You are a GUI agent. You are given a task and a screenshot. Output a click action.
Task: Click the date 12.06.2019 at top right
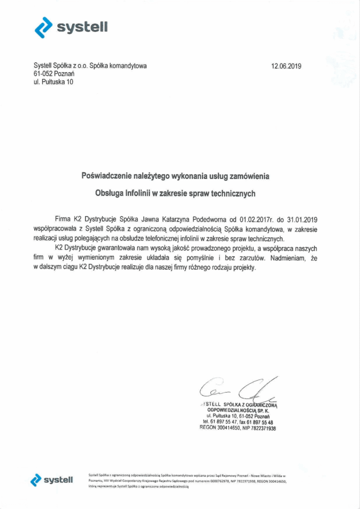coord(286,66)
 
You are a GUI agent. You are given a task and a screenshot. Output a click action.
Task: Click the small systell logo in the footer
coord(52,480)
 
